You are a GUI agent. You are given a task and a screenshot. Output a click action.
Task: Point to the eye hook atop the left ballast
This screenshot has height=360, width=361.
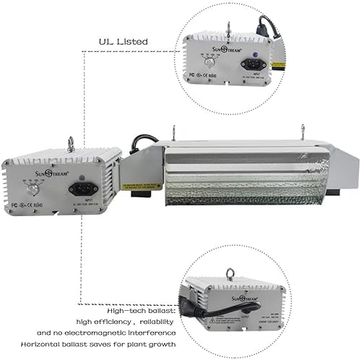[x=70, y=144]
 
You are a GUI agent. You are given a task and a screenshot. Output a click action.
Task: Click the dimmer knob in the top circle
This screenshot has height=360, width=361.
[x=210, y=62]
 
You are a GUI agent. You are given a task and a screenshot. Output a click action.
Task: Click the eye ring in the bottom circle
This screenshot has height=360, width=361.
[x=232, y=274]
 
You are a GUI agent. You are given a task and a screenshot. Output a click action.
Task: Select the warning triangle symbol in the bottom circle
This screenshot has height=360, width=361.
[x=210, y=318]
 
